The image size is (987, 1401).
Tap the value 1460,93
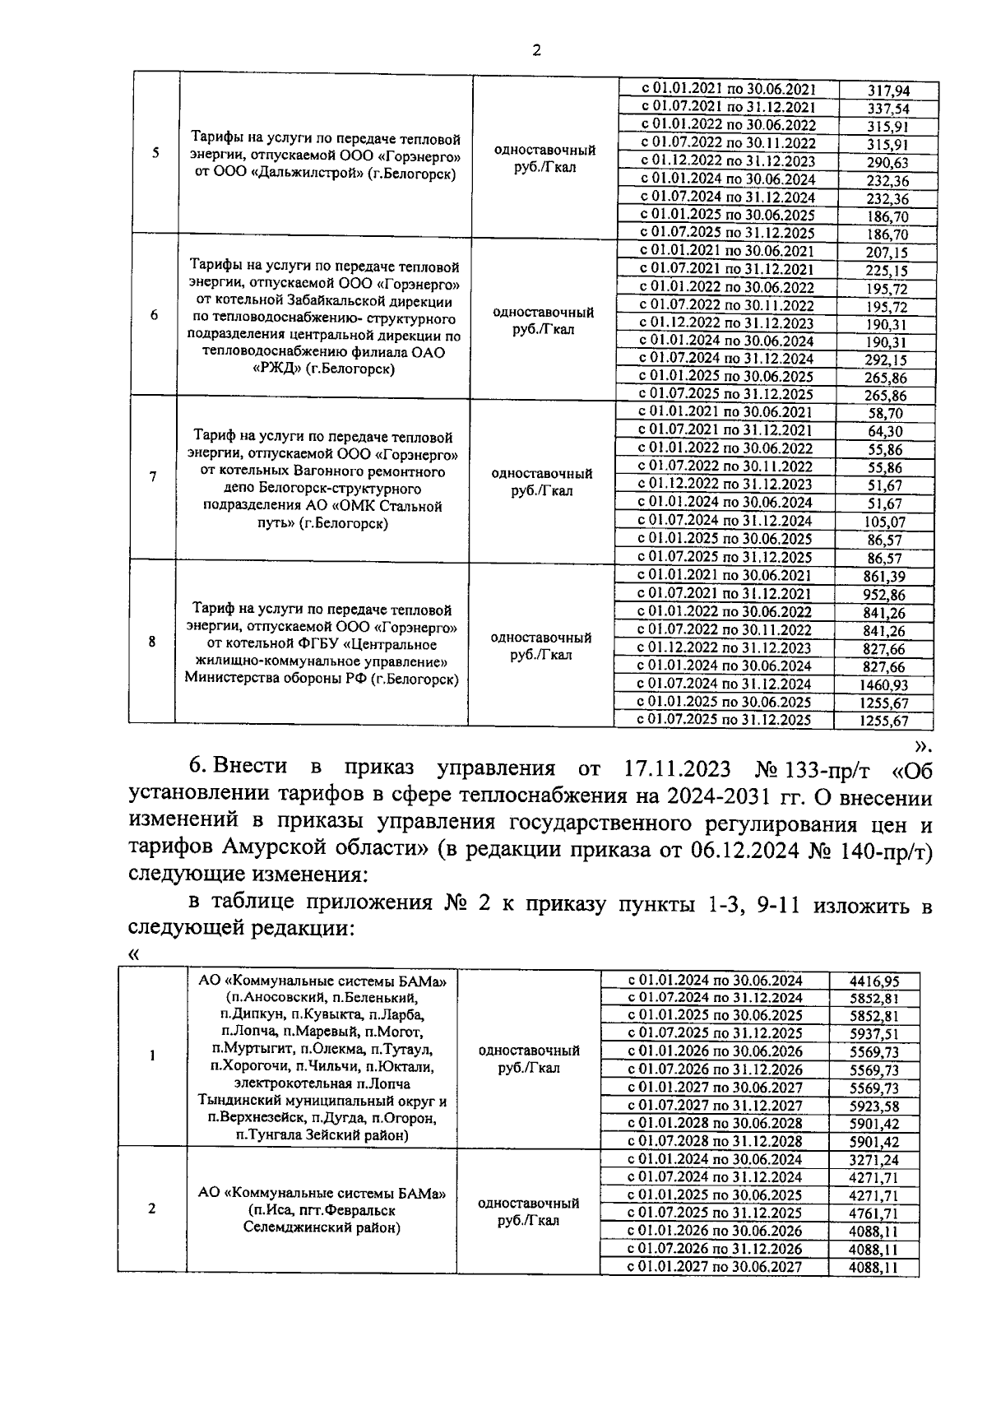[884, 684]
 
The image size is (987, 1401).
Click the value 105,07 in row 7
[885, 521]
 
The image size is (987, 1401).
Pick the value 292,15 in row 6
[886, 360]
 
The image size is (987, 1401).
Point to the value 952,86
[885, 594]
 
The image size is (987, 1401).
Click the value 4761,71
[873, 1213]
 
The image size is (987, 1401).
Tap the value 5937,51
[873, 1033]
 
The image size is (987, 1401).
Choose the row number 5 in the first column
[155, 152]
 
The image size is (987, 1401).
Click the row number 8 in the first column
[152, 642]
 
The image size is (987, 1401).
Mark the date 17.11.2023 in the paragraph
[672, 769]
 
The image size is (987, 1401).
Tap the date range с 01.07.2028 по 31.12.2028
[715, 1141]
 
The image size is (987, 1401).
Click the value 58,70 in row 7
[885, 413]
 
